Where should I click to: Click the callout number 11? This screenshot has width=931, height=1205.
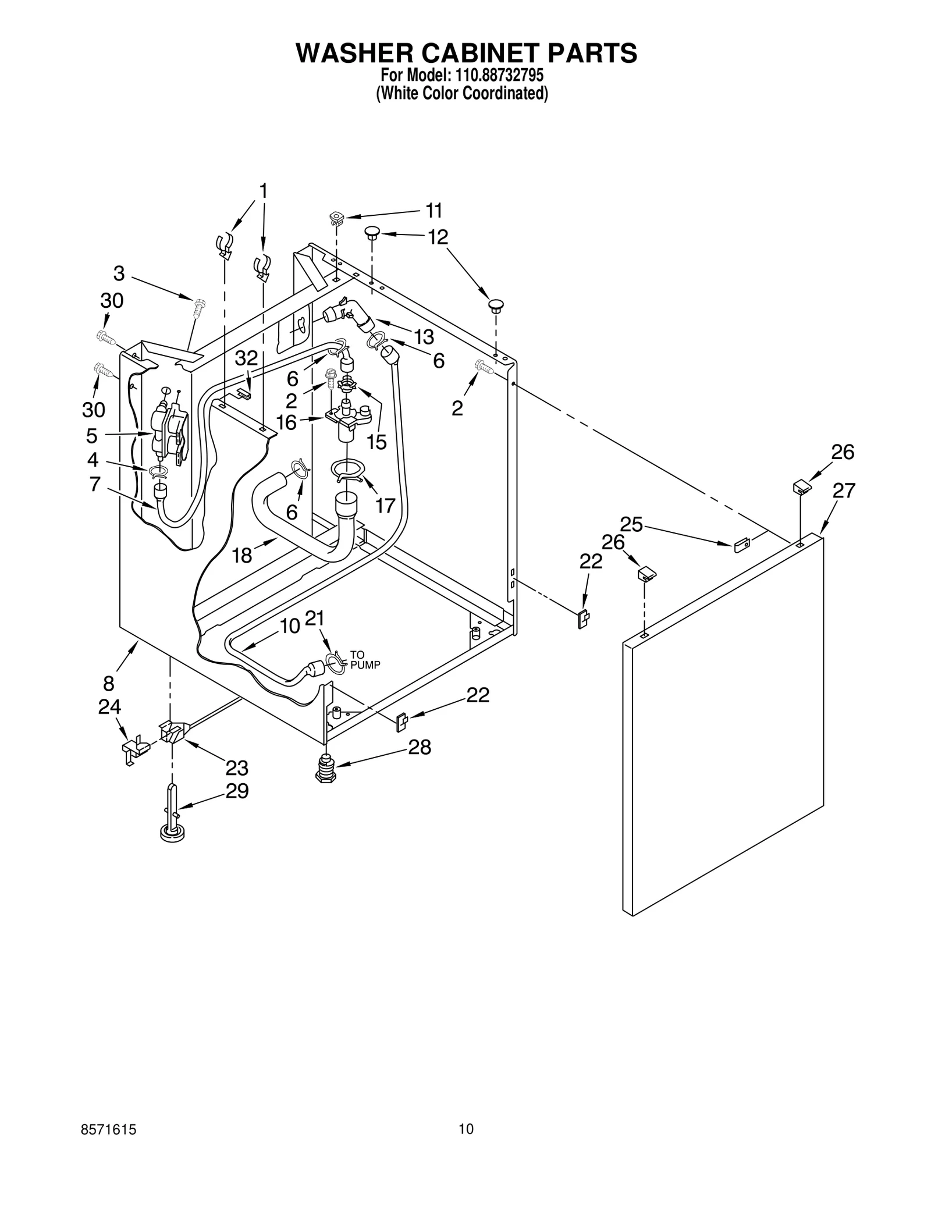433,210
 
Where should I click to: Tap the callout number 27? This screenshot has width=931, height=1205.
843,491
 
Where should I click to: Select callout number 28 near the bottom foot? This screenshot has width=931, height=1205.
420,747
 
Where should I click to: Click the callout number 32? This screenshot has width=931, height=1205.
246,358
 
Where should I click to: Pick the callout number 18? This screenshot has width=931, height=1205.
242,556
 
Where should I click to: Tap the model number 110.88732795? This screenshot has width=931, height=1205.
496,75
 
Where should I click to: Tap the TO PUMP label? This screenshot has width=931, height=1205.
365,660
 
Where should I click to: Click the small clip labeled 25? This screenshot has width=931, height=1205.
741,545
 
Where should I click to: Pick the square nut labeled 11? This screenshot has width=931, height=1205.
336,219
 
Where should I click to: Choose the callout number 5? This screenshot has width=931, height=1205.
92,435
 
